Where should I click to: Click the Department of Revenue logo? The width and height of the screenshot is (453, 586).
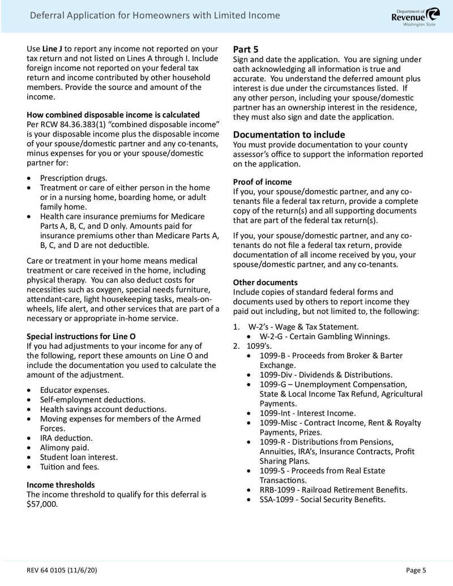(415, 16)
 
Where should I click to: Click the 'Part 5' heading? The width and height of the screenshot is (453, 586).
(246, 49)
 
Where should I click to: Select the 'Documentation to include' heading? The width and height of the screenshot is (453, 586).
(289, 134)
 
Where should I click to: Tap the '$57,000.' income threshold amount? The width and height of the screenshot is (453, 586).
(42, 504)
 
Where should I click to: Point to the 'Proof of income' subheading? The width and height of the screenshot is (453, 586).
(262, 182)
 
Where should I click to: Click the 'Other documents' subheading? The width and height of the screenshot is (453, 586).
(265, 282)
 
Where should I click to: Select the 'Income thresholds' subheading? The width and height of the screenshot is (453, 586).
(61, 485)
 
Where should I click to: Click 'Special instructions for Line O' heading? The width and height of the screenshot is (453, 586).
(81, 336)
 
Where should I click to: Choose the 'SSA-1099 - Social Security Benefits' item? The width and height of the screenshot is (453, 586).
(323, 499)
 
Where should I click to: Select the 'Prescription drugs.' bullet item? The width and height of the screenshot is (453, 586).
(74, 178)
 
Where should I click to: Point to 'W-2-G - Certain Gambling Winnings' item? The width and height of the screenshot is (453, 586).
(324, 336)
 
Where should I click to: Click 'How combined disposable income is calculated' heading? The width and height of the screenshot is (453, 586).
(113, 115)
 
